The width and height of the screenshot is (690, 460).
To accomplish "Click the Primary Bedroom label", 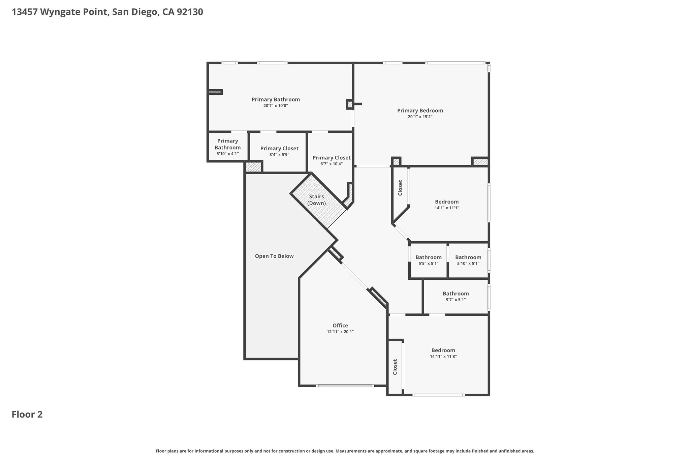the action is [420, 111].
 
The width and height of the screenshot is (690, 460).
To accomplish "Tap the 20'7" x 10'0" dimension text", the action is [276, 106].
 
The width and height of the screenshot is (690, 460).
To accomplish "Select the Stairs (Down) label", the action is [316, 200].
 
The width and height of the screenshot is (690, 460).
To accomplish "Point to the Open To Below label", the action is [274, 256].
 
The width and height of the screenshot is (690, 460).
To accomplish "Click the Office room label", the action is [340, 326].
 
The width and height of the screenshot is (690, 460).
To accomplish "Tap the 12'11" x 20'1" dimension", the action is [340, 332].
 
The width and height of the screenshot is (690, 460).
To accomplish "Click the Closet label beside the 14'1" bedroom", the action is [400, 188].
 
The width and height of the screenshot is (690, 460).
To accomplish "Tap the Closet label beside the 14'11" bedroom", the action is [395, 367].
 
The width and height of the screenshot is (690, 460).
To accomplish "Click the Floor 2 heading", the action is [27, 415].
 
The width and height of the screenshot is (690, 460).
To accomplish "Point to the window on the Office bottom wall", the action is [345, 386].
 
